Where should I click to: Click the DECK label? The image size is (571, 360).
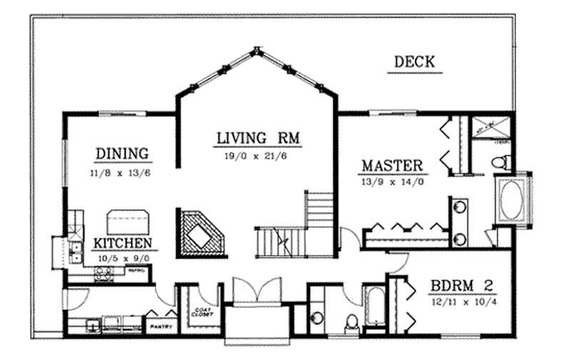[x=415, y=62]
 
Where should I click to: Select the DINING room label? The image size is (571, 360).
[x=122, y=153]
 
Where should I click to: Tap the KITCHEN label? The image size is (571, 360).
[x=123, y=243]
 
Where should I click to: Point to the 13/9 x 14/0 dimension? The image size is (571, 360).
[x=393, y=182]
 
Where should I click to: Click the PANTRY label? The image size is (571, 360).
[x=158, y=327]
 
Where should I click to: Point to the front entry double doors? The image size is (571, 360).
[x=256, y=290]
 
